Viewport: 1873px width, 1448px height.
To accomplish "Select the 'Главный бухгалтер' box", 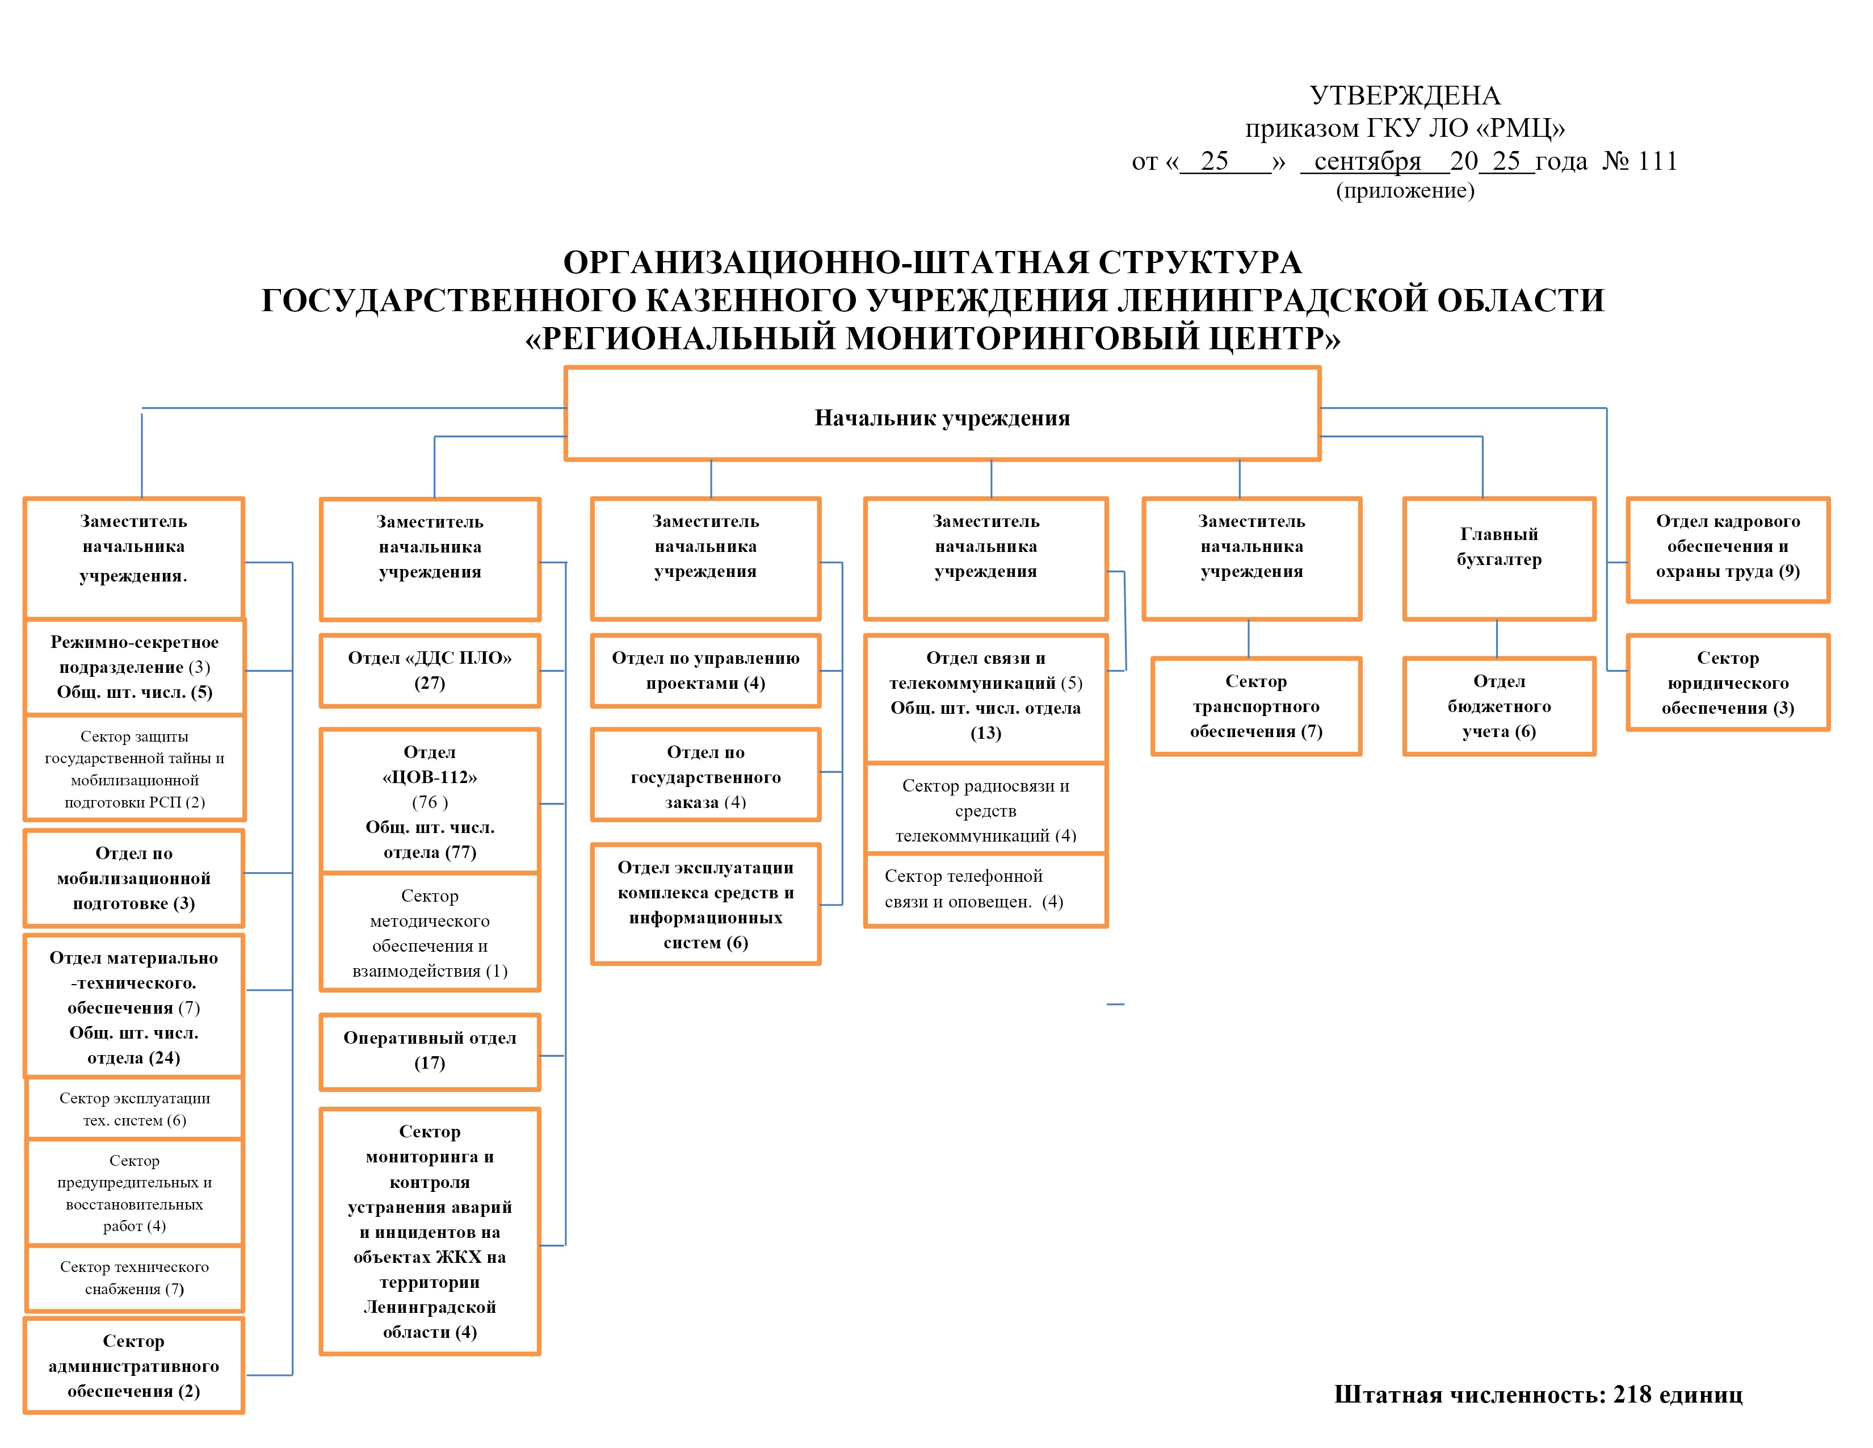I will [1498, 558].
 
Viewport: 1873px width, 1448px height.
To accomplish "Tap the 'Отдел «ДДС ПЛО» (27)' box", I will [430, 670].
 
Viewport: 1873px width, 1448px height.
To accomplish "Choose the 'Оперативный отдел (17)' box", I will [430, 1051].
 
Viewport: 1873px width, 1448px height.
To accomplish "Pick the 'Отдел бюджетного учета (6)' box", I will [1498, 706].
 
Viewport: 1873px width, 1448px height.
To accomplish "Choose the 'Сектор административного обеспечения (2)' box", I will [134, 1366].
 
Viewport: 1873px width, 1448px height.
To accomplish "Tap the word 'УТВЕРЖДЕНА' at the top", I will [1405, 95].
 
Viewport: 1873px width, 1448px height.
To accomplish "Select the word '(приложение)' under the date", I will [1405, 190].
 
